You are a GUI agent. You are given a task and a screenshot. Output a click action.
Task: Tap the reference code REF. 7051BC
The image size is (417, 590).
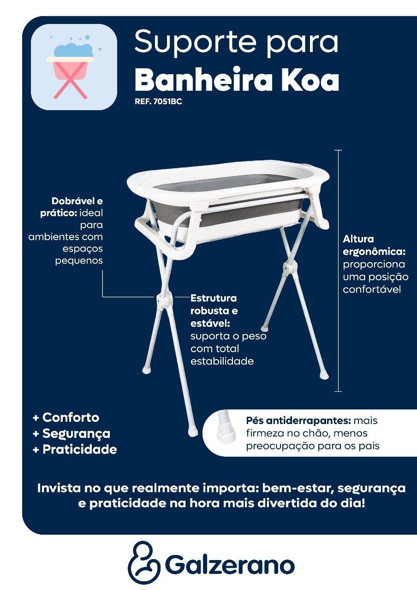click(x=158, y=102)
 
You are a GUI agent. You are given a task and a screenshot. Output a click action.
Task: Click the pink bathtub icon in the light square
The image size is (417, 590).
click(x=71, y=70)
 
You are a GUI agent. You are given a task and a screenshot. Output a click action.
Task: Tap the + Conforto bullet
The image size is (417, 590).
click(x=66, y=418)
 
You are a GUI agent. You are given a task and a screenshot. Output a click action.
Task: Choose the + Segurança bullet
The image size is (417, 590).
click(x=71, y=434)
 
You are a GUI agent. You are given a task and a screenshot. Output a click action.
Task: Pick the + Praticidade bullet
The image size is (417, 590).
click(x=75, y=449)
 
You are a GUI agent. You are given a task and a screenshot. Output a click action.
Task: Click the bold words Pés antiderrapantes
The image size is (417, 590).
click(x=298, y=421)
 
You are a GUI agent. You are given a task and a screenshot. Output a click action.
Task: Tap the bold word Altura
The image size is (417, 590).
click(x=358, y=239)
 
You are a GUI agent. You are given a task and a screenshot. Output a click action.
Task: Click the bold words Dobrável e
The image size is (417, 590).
click(x=77, y=201)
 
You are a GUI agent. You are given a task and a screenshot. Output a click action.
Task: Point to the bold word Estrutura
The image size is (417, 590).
click(x=214, y=298)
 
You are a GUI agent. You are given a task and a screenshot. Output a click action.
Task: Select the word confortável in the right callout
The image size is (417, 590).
click(x=372, y=289)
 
